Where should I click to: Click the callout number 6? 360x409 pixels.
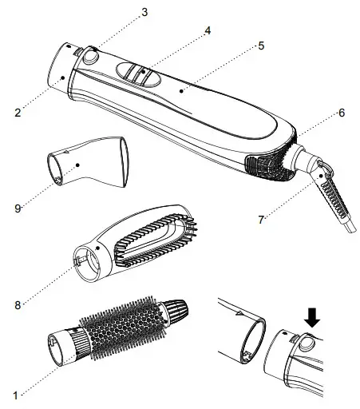click(x=341, y=113)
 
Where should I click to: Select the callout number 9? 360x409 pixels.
click(x=18, y=208)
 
